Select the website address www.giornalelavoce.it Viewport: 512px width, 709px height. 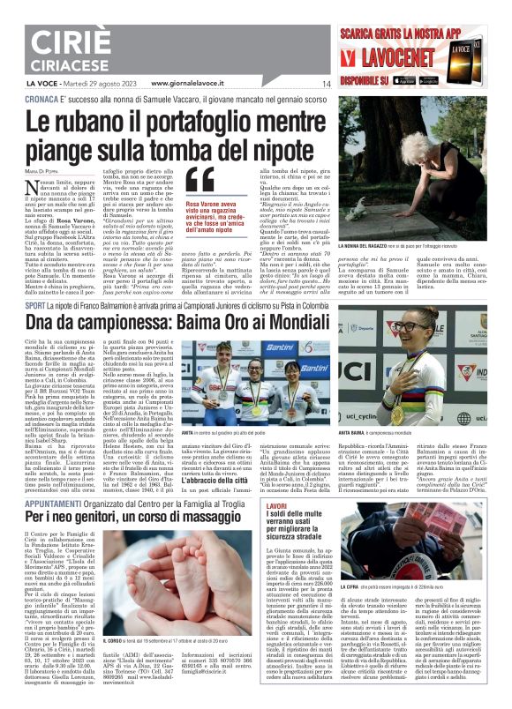[x=187, y=83]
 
